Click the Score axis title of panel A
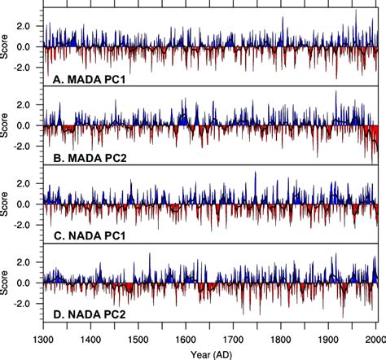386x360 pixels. (x=7, y=46)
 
